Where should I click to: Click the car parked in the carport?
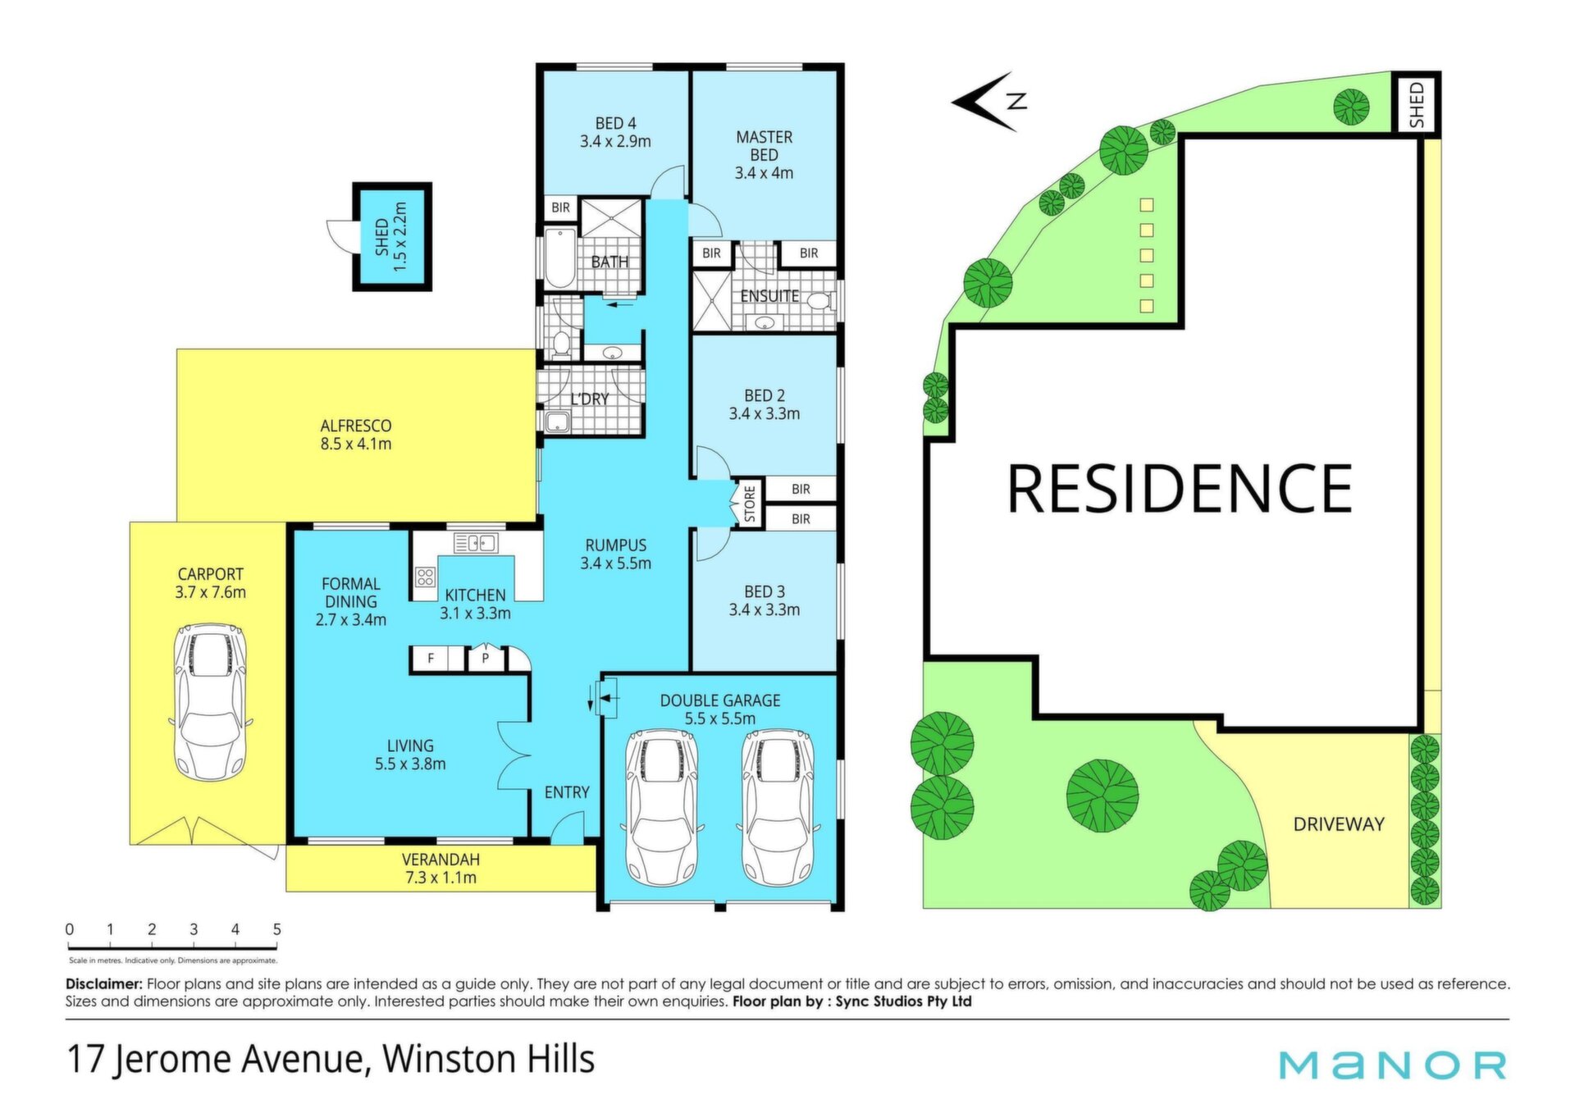coord(210,702)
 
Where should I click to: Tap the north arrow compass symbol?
coord(989,102)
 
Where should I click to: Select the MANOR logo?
coord(1393,1065)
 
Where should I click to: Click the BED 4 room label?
coord(615,132)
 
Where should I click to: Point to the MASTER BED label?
coord(764,155)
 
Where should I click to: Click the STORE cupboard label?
coord(749,504)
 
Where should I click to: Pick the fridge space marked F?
coord(431,658)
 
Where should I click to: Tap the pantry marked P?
coord(486,658)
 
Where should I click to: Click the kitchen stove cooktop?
coord(425,577)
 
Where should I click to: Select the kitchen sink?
coord(475,542)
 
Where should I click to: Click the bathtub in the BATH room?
coord(560,258)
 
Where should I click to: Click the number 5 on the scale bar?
coord(277,929)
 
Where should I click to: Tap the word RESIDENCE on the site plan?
coord(1179,488)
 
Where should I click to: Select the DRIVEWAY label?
coord(1339,824)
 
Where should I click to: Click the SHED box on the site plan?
coord(1417,103)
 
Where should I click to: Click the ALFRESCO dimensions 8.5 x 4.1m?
coord(356,445)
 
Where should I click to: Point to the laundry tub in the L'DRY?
coord(558,422)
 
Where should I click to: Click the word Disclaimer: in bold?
coord(104,983)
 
